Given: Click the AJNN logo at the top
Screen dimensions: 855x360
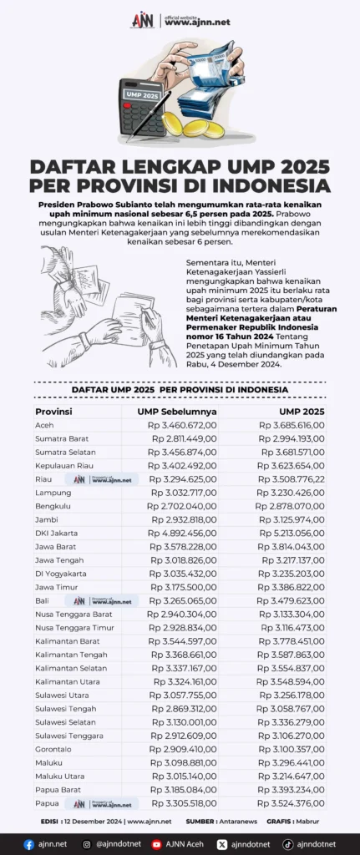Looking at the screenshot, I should tap(143, 21).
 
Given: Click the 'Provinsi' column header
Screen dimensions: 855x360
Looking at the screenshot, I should tap(53, 412).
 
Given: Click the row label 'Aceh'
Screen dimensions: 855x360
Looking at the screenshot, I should tap(44, 425).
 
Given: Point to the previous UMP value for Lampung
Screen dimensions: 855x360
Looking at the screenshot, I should tap(182, 493).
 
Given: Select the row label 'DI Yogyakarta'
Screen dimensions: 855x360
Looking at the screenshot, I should tap(61, 574).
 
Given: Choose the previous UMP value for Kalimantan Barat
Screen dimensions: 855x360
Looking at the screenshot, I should tap(184, 641).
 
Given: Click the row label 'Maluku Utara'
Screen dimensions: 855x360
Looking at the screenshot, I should tap(58, 776).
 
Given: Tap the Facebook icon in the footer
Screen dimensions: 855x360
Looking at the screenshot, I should tap(29, 844).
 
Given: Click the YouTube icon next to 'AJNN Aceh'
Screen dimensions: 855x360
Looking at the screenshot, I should tap(156, 844).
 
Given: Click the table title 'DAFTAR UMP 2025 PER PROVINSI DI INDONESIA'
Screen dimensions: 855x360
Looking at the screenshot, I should tap(180, 390).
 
